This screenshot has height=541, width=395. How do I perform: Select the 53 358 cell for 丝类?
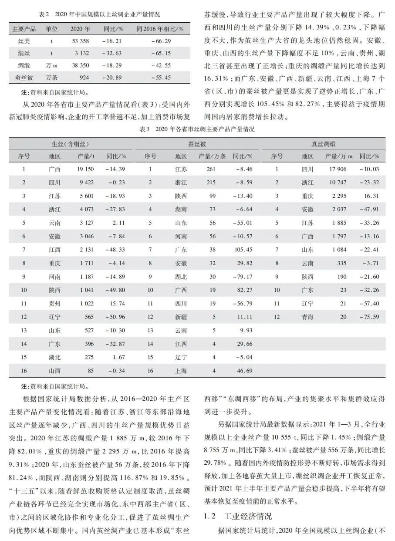[81, 41]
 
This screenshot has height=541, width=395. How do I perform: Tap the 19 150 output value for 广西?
[85, 169]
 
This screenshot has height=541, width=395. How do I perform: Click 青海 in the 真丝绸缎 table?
[307, 317]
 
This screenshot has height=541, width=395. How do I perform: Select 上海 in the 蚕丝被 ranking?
[181, 371]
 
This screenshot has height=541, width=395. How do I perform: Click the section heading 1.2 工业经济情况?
[238, 516]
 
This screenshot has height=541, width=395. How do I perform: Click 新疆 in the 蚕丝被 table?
[181, 317]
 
